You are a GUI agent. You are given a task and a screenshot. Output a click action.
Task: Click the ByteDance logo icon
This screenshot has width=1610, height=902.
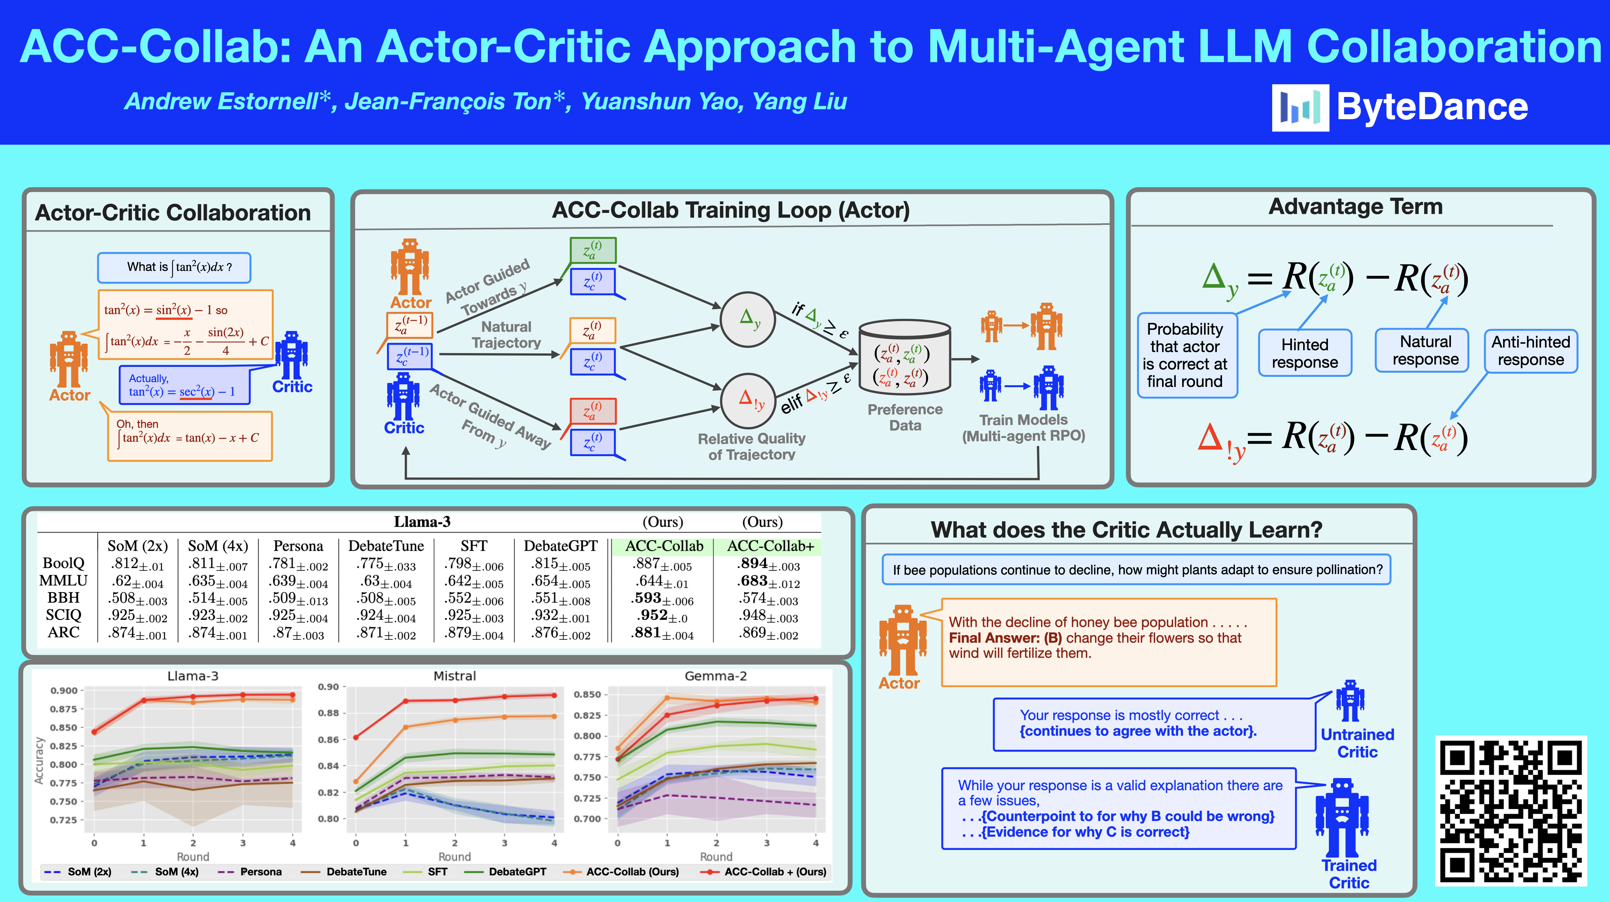pos(1300,108)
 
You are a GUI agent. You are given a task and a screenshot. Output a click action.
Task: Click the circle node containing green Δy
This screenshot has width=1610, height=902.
pos(748,320)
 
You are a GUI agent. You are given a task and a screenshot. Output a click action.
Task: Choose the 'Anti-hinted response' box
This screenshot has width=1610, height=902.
pos(1530,351)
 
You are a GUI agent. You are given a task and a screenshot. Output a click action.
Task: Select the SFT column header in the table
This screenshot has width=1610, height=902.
pos(474,546)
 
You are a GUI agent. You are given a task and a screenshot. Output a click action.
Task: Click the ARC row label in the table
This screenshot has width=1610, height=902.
pos(64,633)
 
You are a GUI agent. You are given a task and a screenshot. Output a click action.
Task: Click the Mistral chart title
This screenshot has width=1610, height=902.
pos(454,676)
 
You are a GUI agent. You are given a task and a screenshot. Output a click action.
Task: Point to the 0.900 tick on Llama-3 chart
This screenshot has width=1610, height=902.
pos(64,691)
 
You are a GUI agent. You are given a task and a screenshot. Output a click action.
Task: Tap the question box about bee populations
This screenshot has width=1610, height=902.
pos(1136,570)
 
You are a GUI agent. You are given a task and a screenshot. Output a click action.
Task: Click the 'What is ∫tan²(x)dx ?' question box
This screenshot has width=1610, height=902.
pos(175,267)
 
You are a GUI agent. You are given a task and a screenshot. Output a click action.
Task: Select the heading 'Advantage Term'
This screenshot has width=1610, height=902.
pos(1355,207)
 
